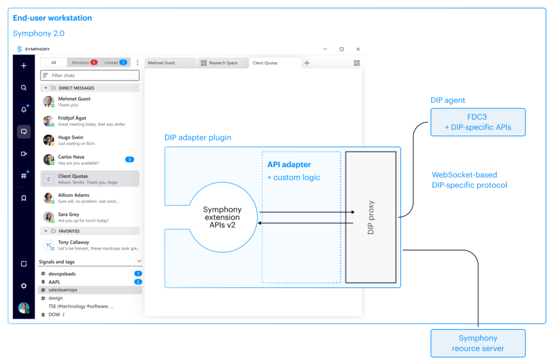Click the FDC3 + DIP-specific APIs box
478,122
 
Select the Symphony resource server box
478,343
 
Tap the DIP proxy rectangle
371,217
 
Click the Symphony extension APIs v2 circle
222,217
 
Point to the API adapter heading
289,165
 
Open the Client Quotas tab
265,63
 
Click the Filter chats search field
90,75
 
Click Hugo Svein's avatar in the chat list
48,140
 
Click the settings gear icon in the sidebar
24,286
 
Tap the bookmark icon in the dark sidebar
24,198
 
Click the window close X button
358,49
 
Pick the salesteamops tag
63,290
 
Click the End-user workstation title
52,18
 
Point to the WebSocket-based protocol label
469,180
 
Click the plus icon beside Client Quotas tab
307,63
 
